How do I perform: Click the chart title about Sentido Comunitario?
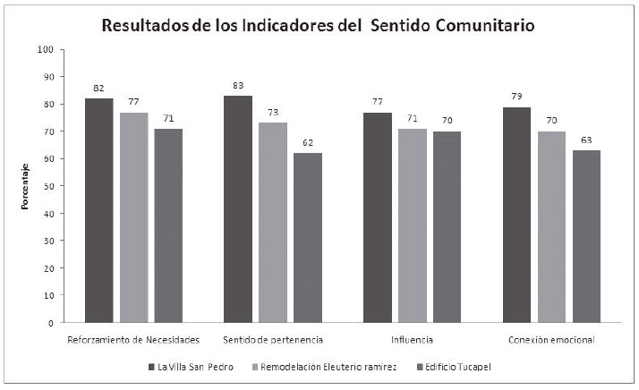318,26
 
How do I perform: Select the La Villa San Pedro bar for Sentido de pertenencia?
238,208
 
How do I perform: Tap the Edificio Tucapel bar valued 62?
307,237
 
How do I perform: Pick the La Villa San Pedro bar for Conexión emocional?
516,214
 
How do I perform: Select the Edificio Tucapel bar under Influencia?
447,226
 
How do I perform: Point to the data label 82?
98,89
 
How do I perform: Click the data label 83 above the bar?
238,86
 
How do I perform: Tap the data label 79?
516,97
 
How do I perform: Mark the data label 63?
586,140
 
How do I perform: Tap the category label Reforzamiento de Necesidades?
133,341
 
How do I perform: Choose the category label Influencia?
413,341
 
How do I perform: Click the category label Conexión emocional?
551,341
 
